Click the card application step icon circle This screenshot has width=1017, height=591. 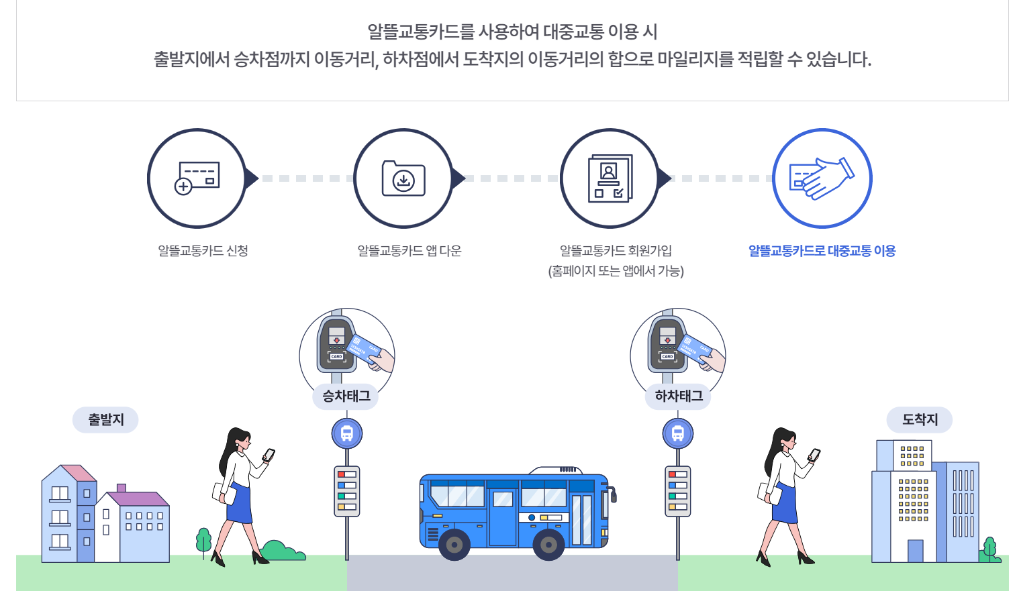click(197, 178)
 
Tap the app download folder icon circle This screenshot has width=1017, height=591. click(403, 178)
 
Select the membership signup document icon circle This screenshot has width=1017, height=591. click(610, 178)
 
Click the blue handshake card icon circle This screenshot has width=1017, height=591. click(822, 178)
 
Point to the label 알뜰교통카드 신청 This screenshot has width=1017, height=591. click(203, 251)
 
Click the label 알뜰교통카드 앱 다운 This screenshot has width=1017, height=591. click(409, 251)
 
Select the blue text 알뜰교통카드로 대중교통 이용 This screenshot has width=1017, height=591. click(822, 251)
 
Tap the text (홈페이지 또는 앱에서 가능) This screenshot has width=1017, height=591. click(616, 271)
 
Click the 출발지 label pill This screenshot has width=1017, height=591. click(105, 420)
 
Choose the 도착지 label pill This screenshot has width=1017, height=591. click(919, 420)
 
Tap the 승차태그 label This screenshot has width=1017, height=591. click(346, 396)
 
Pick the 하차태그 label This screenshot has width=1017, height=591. click(678, 396)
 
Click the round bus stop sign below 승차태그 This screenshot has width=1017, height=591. click(347, 434)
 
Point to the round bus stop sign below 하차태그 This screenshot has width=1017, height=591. click(678, 434)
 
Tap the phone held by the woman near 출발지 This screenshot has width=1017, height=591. click(269, 455)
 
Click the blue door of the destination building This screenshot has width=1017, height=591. click(915, 551)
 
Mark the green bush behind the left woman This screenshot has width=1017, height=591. click(282, 551)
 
